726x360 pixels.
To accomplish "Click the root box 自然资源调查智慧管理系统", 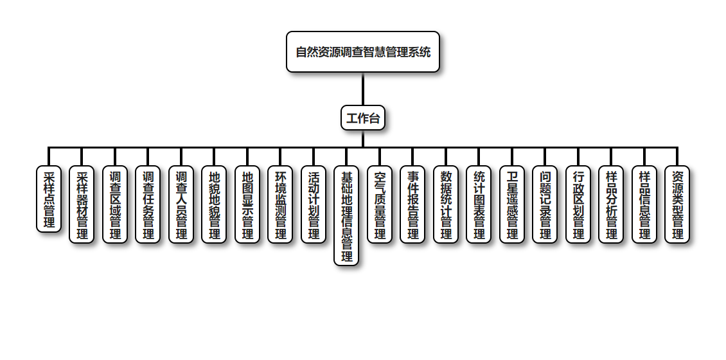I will point(363,52).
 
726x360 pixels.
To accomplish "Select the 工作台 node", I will point(363,118).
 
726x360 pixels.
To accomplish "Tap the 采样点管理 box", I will point(49,199).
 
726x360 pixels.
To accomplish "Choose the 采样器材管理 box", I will point(82,204).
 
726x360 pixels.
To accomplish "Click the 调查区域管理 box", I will point(115,204).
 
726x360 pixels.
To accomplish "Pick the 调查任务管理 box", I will point(148,204).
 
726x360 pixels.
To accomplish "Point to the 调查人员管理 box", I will point(181,204).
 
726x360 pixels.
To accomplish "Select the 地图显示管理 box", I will point(247,204).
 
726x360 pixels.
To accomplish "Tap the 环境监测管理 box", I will point(280,204).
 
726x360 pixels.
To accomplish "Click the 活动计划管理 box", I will point(314,204).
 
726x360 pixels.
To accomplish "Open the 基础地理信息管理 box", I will point(346,216).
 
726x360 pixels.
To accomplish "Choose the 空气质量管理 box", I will point(380,204).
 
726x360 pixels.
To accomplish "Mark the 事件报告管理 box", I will point(412,204).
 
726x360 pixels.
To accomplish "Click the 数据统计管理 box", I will point(446,204).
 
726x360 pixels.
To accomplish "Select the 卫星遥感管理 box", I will point(512,204).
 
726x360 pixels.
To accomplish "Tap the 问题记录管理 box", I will point(545,204).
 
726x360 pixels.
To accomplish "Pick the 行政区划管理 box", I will point(578,204).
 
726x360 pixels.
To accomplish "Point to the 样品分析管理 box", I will point(611,204).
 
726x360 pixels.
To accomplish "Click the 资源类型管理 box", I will point(677,204).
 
